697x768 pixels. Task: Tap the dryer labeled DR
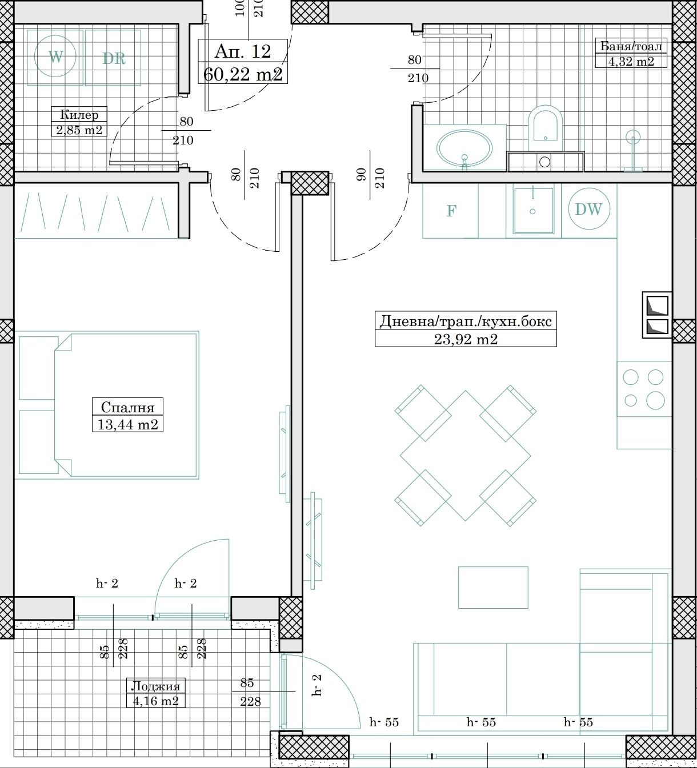pos(113,58)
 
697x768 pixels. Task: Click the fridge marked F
pos(451,211)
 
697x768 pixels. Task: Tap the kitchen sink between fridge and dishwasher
pos(534,210)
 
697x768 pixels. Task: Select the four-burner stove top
pos(644,389)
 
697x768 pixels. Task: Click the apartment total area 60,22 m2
pos(243,74)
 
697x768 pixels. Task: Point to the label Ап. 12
pos(243,51)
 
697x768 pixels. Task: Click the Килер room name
pos(79,114)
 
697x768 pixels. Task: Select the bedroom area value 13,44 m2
pos(127,425)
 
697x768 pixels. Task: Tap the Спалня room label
pos(127,407)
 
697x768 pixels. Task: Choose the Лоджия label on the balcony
pos(155,686)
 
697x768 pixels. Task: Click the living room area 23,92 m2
pos(466,339)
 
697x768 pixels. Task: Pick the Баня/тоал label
pos(631,46)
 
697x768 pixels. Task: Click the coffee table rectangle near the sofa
pos(493,588)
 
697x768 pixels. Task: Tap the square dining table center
pos(466,456)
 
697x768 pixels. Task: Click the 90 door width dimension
pos(361,175)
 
